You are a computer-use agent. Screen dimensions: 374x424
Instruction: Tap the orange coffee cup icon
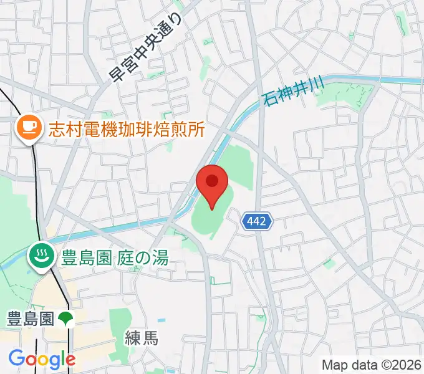coord(27,129)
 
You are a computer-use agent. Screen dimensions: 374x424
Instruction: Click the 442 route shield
coord(258,221)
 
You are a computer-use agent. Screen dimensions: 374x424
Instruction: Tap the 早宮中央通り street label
coord(147,49)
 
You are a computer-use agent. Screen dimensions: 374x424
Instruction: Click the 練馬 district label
coord(142,338)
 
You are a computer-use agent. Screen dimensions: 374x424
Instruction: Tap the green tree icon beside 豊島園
coord(67,319)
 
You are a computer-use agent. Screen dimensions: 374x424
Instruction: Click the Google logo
coord(42,359)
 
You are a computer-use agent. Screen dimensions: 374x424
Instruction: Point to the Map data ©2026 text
coord(372,365)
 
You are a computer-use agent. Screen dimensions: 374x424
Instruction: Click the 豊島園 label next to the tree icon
coord(31,319)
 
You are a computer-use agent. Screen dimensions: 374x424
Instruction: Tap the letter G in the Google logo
coord(17,358)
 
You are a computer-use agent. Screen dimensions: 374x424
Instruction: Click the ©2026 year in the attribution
coord(403,365)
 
